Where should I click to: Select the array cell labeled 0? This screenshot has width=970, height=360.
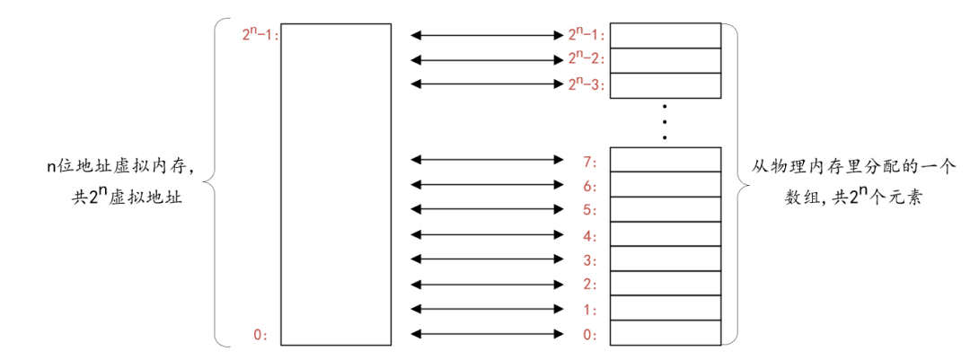[x=665, y=334]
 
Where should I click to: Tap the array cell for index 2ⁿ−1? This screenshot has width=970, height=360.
[x=665, y=36]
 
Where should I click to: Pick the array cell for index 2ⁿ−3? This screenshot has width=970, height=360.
[x=665, y=85]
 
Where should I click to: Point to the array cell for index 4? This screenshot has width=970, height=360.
[x=665, y=235]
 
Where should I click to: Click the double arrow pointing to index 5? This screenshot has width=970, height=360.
[x=486, y=210]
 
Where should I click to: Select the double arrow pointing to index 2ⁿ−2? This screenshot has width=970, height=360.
[x=486, y=60]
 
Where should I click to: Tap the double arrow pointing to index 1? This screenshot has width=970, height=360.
[x=486, y=310]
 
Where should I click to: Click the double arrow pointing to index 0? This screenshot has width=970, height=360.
[x=486, y=335]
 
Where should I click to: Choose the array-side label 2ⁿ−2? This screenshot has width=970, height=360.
[x=586, y=59]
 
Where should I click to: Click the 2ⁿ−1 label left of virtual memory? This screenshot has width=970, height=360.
[x=261, y=35]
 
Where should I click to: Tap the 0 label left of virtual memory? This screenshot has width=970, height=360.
[x=260, y=335]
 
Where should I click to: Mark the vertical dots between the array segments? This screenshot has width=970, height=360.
[x=665, y=121]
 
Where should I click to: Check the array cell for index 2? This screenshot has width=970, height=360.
[x=665, y=285]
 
